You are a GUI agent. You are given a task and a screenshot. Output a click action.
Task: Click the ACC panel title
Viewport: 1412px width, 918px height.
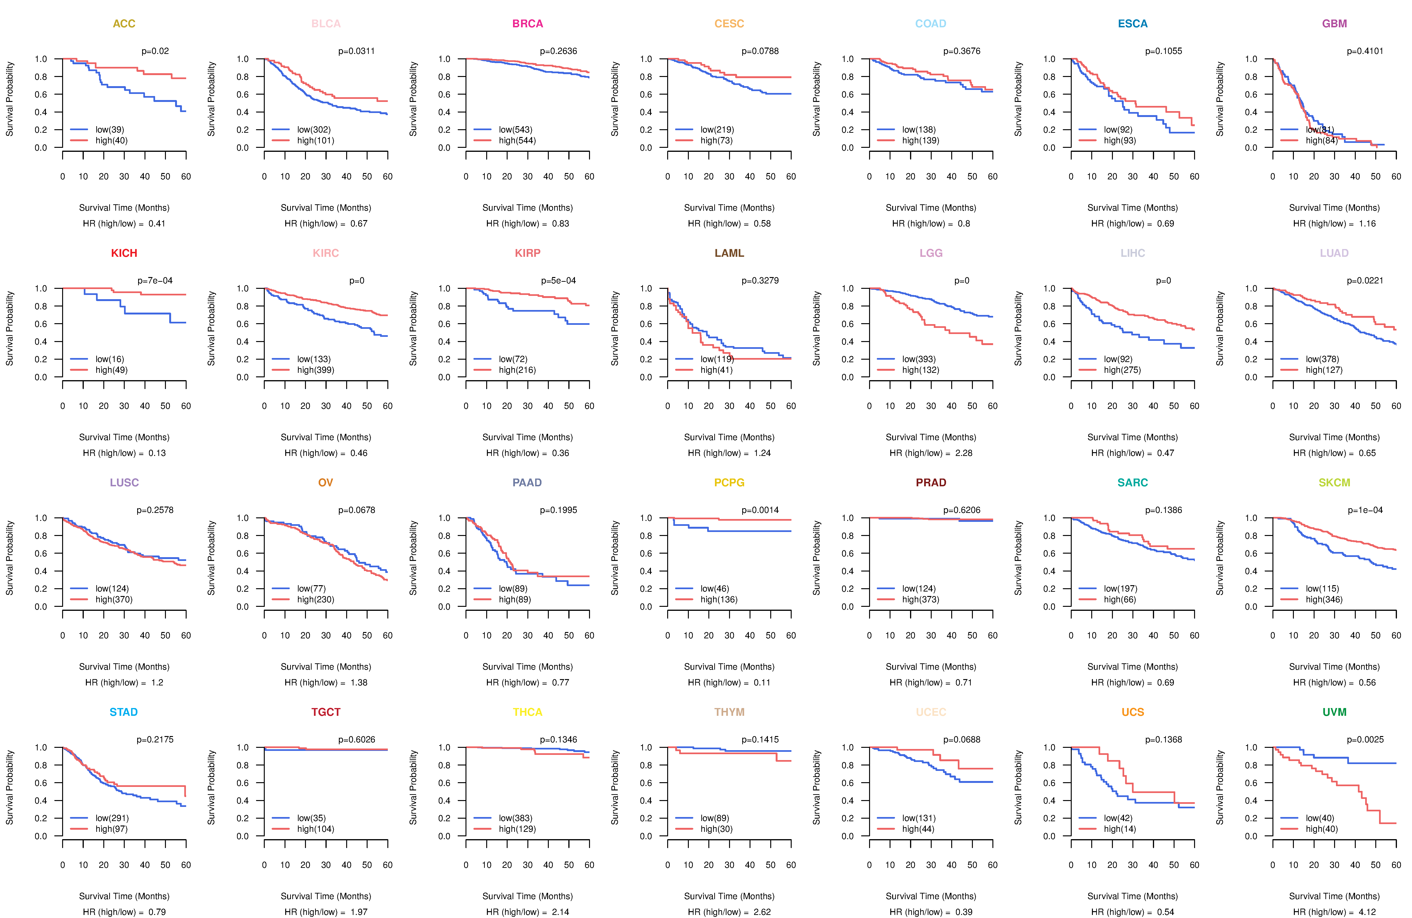click(x=124, y=24)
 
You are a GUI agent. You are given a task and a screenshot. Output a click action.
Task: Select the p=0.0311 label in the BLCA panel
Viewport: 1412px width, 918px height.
click(x=357, y=51)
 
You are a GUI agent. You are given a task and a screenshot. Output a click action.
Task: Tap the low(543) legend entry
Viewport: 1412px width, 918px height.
click(x=515, y=129)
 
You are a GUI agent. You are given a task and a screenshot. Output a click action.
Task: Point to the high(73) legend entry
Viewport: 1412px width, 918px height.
click(x=716, y=141)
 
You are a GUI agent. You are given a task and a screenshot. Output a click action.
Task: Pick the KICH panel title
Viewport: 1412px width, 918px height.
click(x=124, y=253)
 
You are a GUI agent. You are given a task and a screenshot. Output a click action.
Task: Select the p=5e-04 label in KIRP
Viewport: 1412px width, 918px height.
click(x=558, y=281)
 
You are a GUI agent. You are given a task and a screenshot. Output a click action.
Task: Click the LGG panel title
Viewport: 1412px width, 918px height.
click(x=931, y=253)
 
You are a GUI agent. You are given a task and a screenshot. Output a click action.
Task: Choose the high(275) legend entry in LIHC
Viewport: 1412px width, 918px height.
click(x=1122, y=370)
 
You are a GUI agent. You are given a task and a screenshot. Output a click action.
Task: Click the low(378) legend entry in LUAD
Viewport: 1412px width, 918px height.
click(x=1322, y=359)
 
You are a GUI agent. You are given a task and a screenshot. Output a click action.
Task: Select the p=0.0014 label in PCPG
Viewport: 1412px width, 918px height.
click(x=760, y=510)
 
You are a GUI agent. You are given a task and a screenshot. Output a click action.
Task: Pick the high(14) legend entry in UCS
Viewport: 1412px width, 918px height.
click(x=1119, y=829)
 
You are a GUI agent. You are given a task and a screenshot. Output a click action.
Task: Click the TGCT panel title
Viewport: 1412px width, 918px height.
click(x=326, y=712)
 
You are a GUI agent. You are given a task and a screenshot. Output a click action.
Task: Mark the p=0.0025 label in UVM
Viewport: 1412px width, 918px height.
click(x=1365, y=740)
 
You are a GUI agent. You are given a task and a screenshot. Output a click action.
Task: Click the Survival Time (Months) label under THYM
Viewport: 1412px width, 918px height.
click(x=729, y=896)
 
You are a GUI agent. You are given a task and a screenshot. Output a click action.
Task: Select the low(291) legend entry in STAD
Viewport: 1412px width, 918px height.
click(x=112, y=818)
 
